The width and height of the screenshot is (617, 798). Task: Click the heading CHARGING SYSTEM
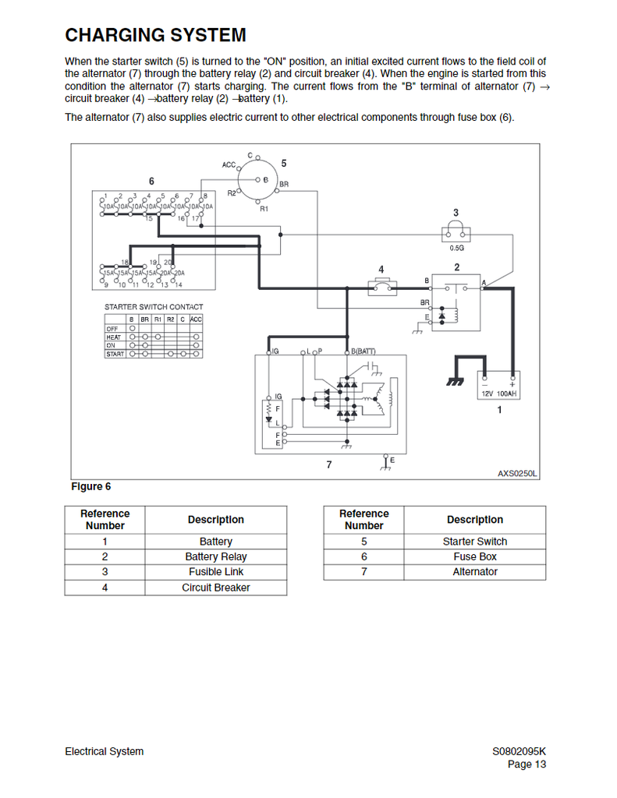155,35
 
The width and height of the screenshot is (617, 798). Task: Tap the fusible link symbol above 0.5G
456,233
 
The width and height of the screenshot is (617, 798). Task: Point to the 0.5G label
456,248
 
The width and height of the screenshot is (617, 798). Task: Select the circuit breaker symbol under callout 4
381,288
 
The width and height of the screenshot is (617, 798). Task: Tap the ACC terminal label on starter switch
229,164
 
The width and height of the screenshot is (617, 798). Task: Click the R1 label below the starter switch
264,209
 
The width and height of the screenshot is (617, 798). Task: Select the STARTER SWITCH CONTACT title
154,307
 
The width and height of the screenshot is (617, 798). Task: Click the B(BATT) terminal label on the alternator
363,351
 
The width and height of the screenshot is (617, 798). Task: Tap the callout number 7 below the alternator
329,464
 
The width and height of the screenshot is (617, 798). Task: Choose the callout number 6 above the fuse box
151,182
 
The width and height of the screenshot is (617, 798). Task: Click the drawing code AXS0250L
518,473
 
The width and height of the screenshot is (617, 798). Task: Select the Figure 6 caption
90,486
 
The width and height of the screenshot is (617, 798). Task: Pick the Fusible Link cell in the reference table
216,572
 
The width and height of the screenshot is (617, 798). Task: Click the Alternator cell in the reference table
474,572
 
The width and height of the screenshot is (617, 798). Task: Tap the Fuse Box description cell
474,556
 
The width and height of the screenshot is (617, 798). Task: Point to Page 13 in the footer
527,764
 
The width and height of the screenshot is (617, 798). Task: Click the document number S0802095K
519,751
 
